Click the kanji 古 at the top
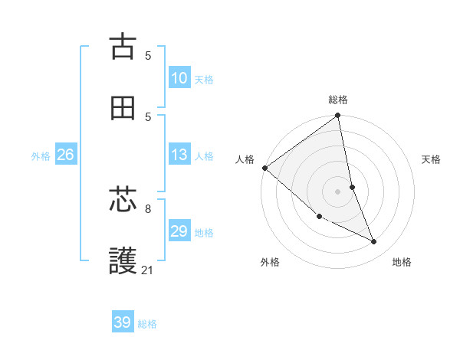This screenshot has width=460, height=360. pos(123,46)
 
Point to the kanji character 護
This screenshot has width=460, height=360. pos(123,260)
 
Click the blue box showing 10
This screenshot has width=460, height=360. pos(179,78)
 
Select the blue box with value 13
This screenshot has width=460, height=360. pos(179,155)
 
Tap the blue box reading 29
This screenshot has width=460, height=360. pos(179,231)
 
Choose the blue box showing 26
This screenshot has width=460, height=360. pos(65,155)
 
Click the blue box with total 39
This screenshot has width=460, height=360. pos(123,322)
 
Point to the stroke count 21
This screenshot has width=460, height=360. pos(148,270)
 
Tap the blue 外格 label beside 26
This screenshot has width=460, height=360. pos(41,155)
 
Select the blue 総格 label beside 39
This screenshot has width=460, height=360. pos(147,323)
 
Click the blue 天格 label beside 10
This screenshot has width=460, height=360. pos(203,79)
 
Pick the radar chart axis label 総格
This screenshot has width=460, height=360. pos(338,100)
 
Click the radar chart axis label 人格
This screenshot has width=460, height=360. pos(245,159)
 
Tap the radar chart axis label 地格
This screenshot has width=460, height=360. pos(402,262)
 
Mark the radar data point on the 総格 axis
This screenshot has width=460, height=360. pos(337,116)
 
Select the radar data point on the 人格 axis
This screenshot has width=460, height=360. pos(264,168)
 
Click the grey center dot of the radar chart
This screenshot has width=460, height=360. pos(337,191)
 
